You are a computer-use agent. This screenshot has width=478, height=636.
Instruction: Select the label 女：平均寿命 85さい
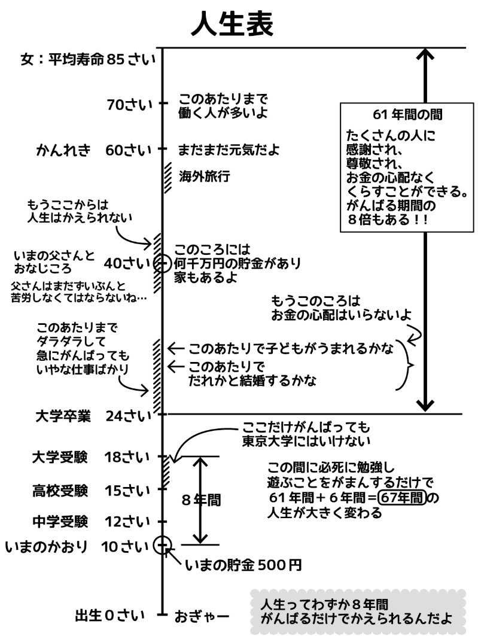click(x=87, y=59)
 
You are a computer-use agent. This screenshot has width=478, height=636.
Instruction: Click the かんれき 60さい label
click(x=93, y=150)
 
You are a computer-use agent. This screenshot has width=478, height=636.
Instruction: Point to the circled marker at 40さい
click(x=162, y=263)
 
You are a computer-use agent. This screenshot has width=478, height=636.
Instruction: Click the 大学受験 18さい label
click(x=90, y=458)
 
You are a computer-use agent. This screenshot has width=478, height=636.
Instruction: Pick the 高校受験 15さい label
click(x=90, y=491)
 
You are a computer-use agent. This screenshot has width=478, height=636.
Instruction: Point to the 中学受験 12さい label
click(x=90, y=522)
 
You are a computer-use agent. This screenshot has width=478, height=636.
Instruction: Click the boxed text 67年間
click(x=404, y=497)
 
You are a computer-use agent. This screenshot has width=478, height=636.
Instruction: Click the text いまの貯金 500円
click(x=243, y=564)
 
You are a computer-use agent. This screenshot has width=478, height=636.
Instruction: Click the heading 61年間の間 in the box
click(x=403, y=114)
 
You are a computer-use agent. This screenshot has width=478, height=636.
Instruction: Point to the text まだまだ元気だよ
click(x=229, y=150)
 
